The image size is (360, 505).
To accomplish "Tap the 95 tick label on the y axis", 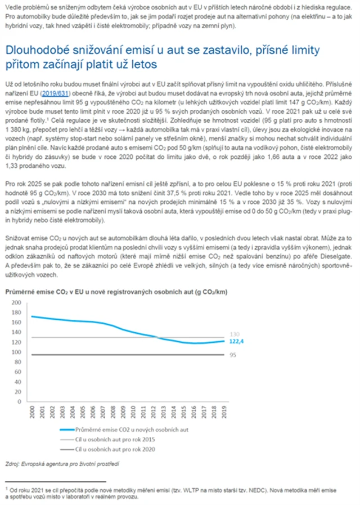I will pos(17,354).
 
